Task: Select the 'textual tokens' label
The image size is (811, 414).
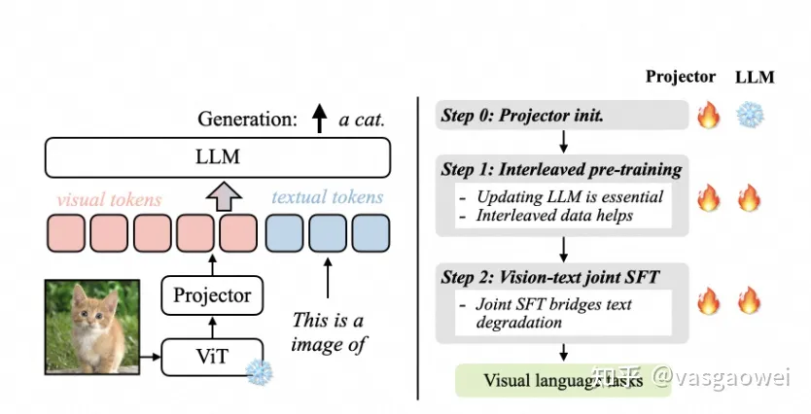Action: point(328,197)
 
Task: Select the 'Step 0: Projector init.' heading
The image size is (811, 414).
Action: point(522,116)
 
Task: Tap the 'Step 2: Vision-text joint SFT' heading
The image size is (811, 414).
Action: point(550,277)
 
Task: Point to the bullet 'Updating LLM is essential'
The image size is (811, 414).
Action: point(570,196)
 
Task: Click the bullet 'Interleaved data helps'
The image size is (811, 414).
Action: point(554,215)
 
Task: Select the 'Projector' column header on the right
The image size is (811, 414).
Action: point(681,77)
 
